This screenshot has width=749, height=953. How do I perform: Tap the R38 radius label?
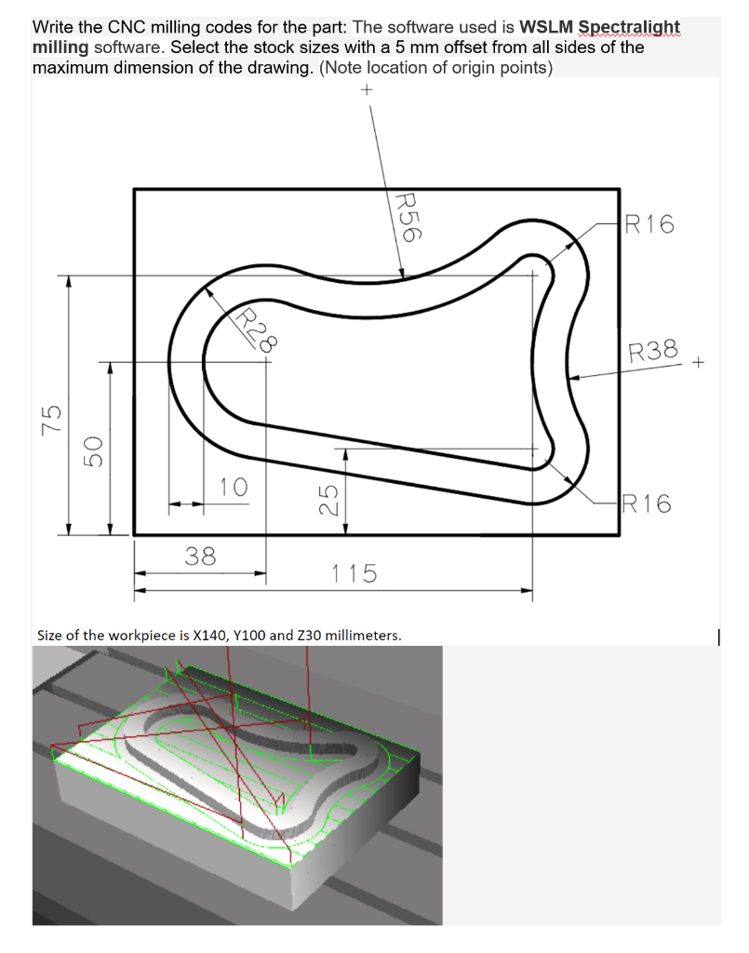pyautogui.click(x=653, y=352)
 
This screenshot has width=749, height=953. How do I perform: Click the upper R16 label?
pyautogui.click(x=649, y=224)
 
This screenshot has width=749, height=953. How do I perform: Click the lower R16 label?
pyautogui.click(x=648, y=504)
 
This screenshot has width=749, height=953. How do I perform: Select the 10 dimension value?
pyautogui.click(x=234, y=486)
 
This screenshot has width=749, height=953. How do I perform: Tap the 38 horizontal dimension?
pyautogui.click(x=200, y=557)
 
